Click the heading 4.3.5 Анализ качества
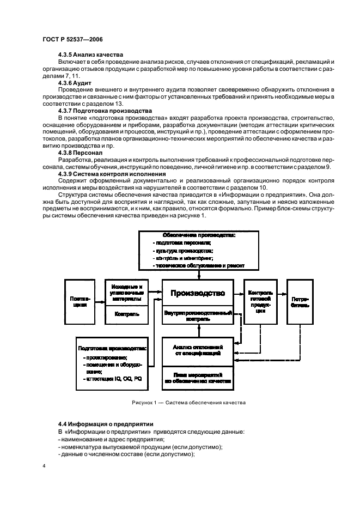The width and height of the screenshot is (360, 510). (90, 54)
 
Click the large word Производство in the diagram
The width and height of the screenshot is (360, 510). (197, 294)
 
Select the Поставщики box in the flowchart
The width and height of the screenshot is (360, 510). (79, 301)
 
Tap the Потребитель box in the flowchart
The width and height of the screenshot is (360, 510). (301, 301)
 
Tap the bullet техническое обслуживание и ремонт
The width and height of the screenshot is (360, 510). (199, 265)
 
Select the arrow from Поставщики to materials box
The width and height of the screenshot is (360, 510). (99, 301)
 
